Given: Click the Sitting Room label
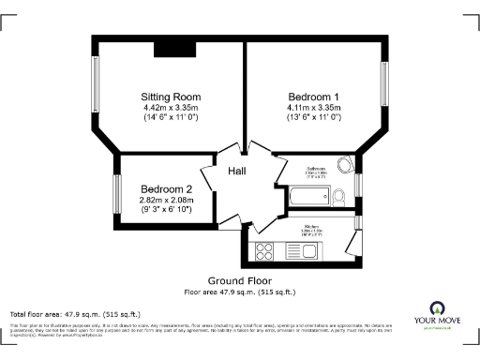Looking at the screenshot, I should pos(171,97).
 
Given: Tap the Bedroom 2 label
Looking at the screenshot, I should pos(166,188).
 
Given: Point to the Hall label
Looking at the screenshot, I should pos(237,171).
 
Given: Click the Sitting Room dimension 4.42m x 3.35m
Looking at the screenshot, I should pos(171,108).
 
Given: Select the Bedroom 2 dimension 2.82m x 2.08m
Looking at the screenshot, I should pos(166,200).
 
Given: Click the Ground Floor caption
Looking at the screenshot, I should pos(240,280).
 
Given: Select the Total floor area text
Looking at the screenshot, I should pos(75,313).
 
